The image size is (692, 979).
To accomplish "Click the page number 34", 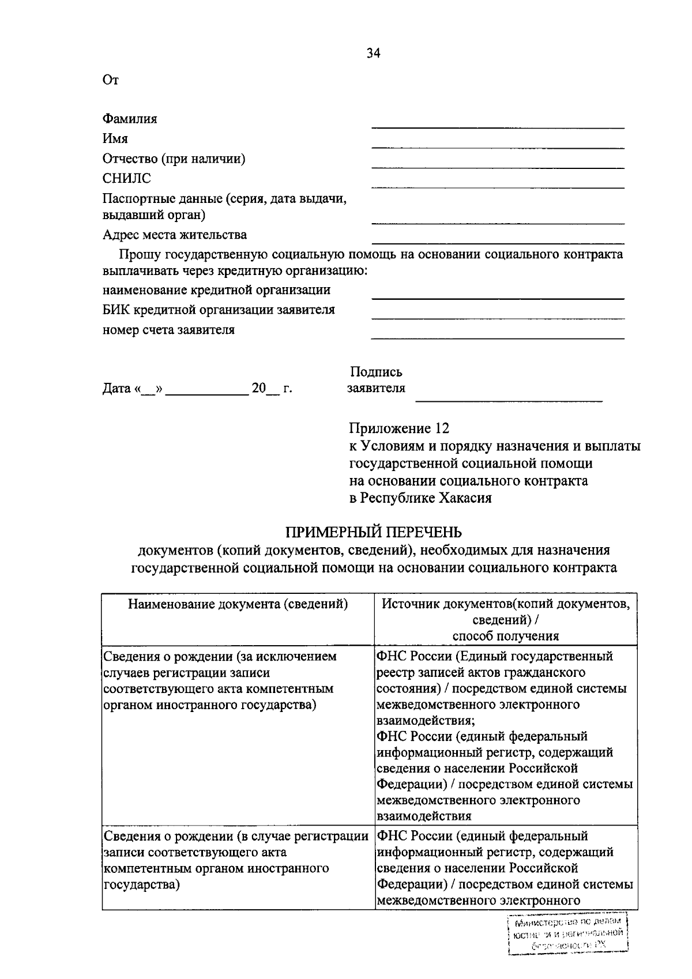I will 373,54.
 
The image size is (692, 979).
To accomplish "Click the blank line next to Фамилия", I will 498,126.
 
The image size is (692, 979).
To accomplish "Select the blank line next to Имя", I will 498,146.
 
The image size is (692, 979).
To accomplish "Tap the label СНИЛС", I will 126,179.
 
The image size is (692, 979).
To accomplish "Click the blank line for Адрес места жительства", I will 498,243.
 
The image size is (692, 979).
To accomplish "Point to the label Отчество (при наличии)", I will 174,159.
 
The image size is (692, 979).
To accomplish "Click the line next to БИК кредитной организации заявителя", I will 498,318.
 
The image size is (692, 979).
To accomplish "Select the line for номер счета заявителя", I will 498,338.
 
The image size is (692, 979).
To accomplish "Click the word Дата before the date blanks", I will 117,389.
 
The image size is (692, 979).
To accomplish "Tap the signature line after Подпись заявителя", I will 509,400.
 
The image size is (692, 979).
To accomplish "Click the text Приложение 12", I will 398,428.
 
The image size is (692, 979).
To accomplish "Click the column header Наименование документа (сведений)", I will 238,604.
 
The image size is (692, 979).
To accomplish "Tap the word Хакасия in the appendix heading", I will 465,498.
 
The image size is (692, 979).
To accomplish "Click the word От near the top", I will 110,80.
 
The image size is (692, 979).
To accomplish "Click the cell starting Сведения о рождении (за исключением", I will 219,680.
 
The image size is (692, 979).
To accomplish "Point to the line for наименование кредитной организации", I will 498,298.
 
